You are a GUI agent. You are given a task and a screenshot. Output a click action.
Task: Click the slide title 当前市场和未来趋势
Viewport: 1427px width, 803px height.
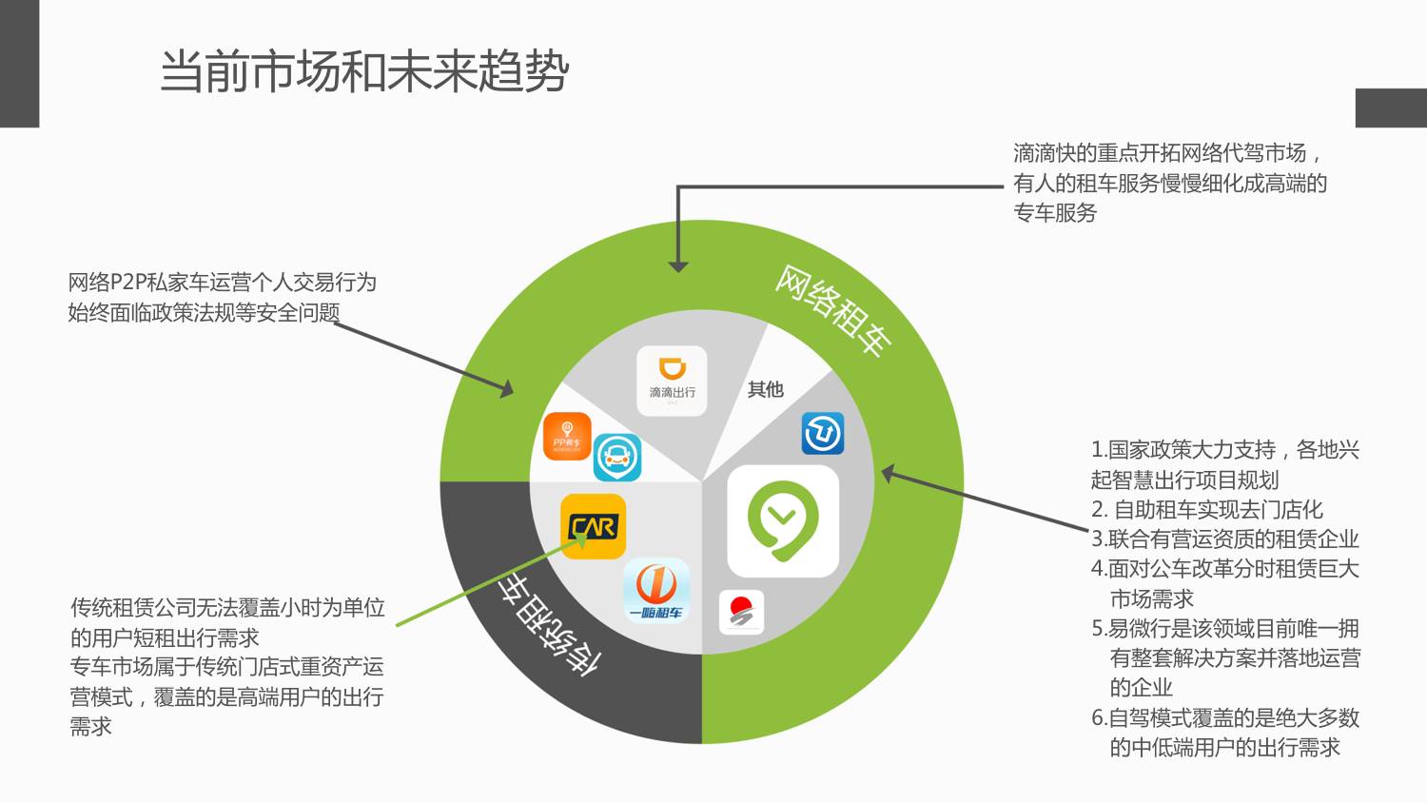pyautogui.click(x=364, y=71)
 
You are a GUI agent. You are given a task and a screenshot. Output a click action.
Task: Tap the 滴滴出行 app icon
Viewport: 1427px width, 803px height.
pyautogui.click(x=672, y=380)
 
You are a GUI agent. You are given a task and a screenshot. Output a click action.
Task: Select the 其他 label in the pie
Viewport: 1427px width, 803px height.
pyautogui.click(x=765, y=389)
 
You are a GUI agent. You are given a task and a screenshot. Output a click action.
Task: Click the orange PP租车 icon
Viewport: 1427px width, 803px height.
pyautogui.click(x=567, y=437)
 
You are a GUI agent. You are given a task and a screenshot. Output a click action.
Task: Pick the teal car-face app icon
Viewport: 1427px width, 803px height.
pyautogui.click(x=617, y=458)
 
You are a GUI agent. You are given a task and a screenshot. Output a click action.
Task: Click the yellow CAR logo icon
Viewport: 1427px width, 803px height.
pyautogui.click(x=593, y=525)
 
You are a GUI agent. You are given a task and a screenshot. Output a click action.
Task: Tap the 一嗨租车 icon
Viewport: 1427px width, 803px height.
pyautogui.click(x=656, y=590)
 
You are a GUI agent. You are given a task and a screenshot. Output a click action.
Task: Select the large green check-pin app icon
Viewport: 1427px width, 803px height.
pyautogui.click(x=783, y=520)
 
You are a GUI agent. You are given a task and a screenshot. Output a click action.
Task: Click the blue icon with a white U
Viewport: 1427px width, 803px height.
pyautogui.click(x=823, y=434)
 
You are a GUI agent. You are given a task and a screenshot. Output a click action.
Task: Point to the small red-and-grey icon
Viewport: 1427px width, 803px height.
pyautogui.click(x=741, y=612)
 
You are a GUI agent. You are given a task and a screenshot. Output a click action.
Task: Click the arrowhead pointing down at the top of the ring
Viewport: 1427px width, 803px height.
pyautogui.click(x=677, y=265)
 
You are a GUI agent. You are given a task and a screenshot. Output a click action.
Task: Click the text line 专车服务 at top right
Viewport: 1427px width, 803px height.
pyautogui.click(x=1055, y=212)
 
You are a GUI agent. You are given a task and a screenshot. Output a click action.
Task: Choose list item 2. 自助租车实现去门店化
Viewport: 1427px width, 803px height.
pyautogui.click(x=1206, y=509)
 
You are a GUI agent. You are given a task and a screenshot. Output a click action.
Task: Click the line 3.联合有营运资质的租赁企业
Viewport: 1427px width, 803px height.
pyautogui.click(x=1224, y=539)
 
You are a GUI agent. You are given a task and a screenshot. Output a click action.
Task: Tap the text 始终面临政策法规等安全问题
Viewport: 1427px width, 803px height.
pyautogui.click(x=204, y=312)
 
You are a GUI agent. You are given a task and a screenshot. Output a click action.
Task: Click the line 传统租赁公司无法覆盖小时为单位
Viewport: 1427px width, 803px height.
pyautogui.click(x=227, y=607)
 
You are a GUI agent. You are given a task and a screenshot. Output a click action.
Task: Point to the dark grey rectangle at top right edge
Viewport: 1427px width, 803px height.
pyautogui.click(x=1391, y=108)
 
